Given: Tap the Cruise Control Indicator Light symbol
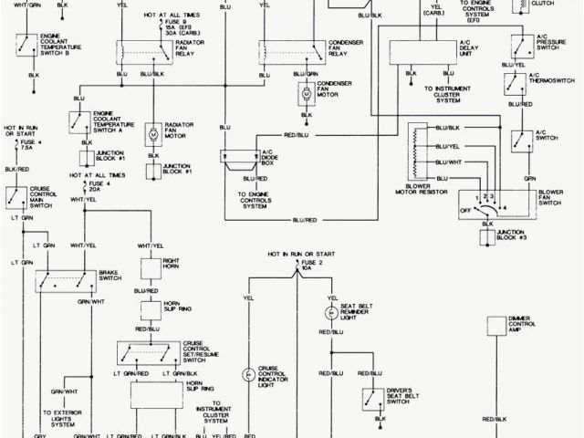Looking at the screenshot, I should click(x=246, y=375).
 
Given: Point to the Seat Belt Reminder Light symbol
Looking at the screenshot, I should click(x=331, y=312).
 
